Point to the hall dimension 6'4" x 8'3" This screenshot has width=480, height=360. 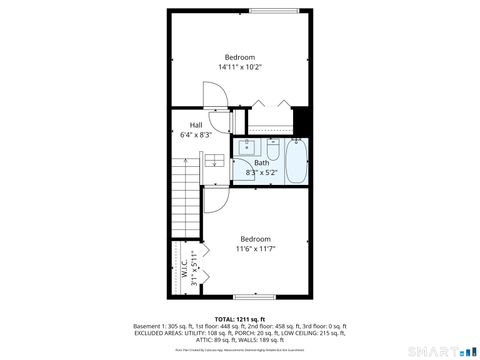(x=196, y=134)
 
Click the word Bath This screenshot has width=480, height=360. (x=261, y=163)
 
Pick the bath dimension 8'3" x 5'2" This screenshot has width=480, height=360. (x=261, y=172)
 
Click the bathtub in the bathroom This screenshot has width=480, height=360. (x=297, y=163)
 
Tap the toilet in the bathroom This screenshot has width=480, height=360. (x=271, y=149)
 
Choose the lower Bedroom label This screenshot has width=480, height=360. (x=255, y=238)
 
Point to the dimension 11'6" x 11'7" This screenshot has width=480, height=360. (x=255, y=248)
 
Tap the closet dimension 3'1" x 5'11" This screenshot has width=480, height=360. (x=194, y=268)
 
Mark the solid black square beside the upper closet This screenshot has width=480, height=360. (x=300, y=121)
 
